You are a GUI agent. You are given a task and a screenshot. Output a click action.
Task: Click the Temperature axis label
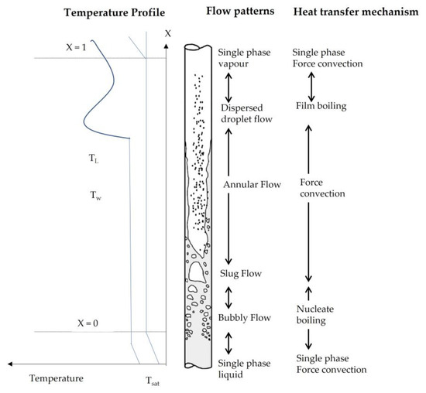coord(55,378)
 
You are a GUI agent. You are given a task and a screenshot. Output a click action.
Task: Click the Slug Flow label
coord(240,273)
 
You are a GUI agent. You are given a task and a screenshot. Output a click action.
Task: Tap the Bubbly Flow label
coord(244,316)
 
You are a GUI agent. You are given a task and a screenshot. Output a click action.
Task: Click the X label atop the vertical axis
coord(167,34)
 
